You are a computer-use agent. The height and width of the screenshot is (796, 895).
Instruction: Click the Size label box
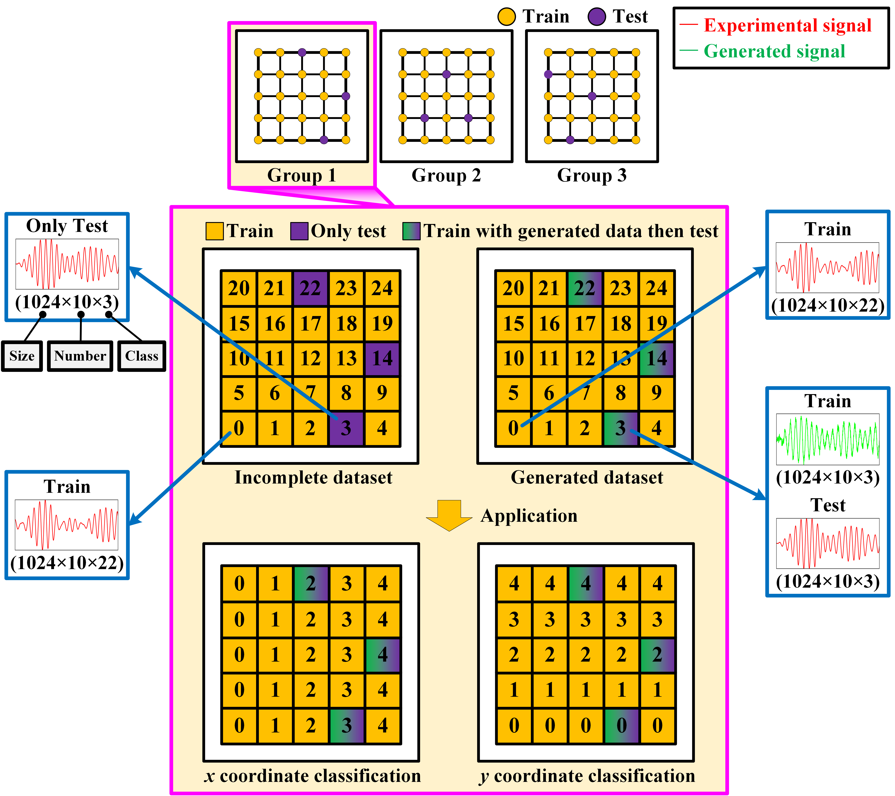pos(22,356)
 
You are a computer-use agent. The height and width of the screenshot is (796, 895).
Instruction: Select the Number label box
pos(80,356)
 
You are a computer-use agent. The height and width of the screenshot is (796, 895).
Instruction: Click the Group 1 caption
pos(302,175)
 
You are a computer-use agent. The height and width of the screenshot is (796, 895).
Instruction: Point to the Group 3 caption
pos(592,175)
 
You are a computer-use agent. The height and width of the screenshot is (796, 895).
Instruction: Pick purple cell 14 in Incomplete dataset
pos(382,358)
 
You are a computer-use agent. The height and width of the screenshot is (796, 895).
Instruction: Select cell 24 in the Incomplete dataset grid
pos(382,288)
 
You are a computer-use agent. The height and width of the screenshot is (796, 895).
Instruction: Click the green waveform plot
pos(828,439)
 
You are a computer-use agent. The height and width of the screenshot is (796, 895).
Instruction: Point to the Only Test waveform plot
pos(67,264)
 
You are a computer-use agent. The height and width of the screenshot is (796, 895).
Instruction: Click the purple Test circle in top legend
pos(597,17)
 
